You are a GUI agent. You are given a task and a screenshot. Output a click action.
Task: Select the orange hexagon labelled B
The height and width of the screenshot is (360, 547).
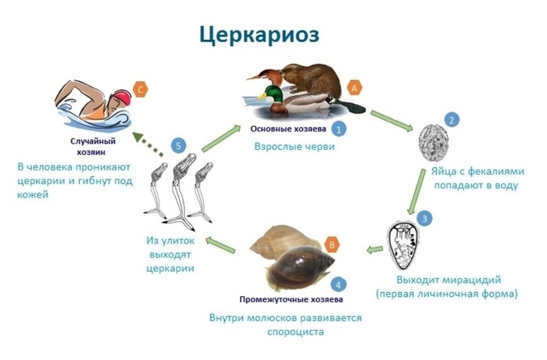tap(332, 244)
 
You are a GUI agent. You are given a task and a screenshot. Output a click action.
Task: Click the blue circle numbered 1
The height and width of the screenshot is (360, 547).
tap(339, 127)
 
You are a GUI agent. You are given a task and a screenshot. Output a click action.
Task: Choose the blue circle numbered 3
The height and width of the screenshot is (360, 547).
tap(423, 217)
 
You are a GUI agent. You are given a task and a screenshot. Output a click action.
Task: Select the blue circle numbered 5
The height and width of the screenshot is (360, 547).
tap(179, 146)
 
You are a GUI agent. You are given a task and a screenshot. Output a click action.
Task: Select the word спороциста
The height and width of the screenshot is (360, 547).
tap(288, 331)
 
